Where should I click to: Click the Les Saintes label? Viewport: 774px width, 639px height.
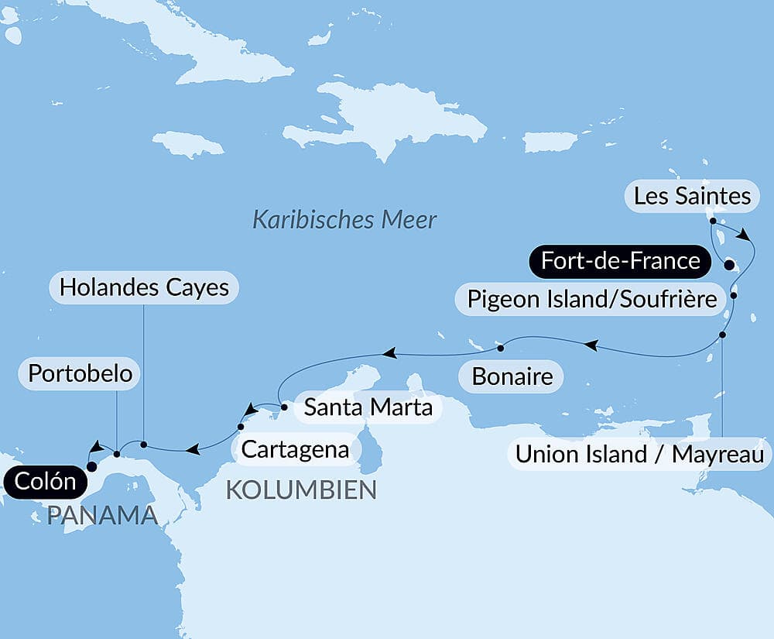coord(692,196)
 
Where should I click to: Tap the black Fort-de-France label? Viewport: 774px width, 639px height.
coord(621,261)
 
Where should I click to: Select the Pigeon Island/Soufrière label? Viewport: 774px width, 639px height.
coord(592,298)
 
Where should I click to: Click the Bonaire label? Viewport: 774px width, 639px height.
coord(512,377)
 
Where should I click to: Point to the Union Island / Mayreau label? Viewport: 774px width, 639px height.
coord(640,455)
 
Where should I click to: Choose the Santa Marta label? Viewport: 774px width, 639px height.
coord(368,407)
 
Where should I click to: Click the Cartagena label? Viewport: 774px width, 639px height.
coord(295,448)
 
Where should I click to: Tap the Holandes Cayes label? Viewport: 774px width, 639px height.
coord(144,287)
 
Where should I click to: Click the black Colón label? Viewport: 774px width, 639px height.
coord(43,482)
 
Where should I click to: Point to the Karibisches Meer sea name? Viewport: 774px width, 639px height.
coord(344,219)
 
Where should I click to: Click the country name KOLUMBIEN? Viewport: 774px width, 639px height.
coord(301,490)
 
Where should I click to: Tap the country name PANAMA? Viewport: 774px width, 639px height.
coord(101,515)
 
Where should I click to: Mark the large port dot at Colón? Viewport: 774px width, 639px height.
coord(91,466)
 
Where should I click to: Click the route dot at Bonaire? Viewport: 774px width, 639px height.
coord(502,345)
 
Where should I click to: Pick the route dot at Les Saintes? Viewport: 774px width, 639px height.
coord(712,221)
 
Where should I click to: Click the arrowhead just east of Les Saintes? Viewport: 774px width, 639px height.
coord(745,235)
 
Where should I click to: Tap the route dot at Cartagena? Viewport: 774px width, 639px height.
coord(240,427)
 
